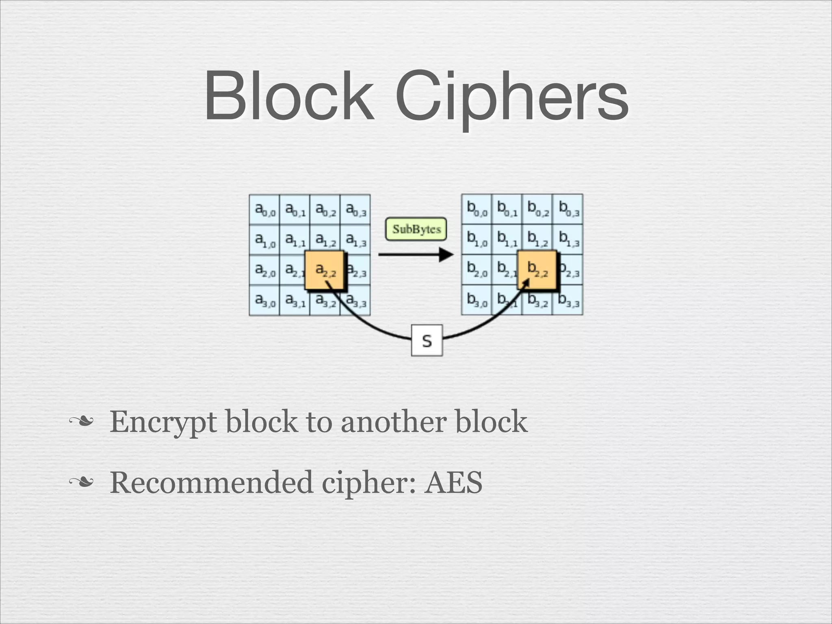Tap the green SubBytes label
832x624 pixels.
point(416,229)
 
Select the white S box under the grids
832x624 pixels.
point(427,340)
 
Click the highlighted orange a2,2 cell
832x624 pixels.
point(325,270)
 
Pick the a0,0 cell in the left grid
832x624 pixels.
point(264,210)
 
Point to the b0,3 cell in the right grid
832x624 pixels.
point(568,209)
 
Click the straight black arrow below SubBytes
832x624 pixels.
point(415,255)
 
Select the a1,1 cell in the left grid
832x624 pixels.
point(295,240)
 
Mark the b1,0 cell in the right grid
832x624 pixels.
point(477,240)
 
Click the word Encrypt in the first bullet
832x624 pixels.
point(163,422)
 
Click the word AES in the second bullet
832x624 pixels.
point(453,483)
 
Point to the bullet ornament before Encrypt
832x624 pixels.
point(81,422)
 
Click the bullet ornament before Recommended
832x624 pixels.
point(81,483)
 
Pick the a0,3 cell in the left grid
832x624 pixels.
point(355,210)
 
